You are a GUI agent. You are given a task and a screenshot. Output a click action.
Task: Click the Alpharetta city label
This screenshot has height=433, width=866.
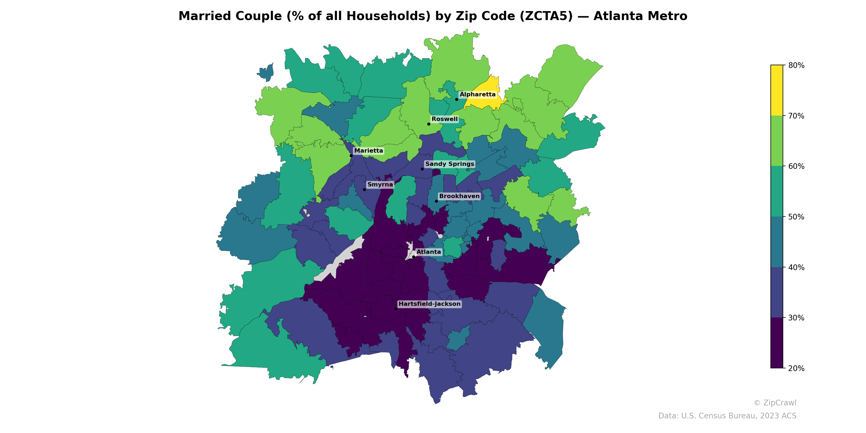[x=477, y=94]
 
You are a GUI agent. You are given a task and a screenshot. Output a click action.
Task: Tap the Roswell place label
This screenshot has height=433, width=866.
[x=444, y=119]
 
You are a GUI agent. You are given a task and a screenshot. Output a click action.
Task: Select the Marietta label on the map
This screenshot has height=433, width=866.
[x=368, y=151]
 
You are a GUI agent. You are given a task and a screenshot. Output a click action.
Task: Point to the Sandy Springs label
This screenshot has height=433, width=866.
[x=450, y=164]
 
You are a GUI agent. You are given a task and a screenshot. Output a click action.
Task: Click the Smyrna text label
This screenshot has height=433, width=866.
[x=380, y=185]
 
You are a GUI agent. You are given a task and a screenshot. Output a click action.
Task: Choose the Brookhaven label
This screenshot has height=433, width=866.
[x=459, y=196]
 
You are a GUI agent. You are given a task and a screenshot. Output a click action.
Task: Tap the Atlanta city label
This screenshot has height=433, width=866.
[x=429, y=252]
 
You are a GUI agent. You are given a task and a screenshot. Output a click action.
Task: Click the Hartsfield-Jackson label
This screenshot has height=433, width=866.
[x=429, y=304]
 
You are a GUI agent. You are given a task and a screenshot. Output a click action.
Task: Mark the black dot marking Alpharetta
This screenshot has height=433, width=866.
[x=457, y=99]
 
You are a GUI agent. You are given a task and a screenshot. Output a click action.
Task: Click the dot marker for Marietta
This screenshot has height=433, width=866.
[x=351, y=156]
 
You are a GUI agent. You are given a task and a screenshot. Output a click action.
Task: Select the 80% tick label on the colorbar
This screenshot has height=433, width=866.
[x=796, y=65]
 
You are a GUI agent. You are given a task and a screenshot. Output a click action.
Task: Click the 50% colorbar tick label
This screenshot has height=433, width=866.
[x=796, y=217]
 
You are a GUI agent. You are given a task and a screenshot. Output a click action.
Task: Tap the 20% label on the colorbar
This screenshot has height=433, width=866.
[x=796, y=368]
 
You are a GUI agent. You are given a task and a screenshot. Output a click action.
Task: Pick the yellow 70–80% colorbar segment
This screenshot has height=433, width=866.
[x=777, y=90]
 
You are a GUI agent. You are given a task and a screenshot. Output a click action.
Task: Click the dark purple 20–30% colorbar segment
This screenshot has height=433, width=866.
[x=777, y=343]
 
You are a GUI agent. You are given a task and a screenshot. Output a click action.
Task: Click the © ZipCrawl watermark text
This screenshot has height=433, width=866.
[x=775, y=403]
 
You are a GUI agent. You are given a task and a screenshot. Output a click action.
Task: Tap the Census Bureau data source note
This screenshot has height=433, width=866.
[x=727, y=416]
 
